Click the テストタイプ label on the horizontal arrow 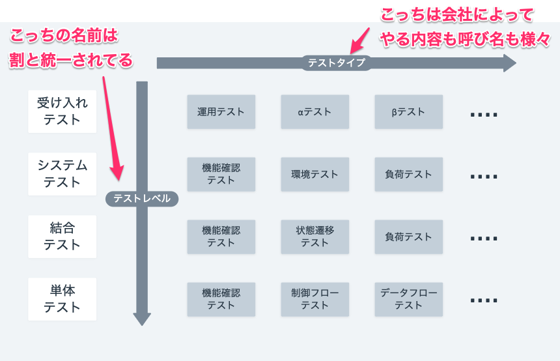(x=336, y=63)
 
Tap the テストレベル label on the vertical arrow (x=141, y=199)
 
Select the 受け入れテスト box (x=62, y=111)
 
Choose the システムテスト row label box (x=62, y=174)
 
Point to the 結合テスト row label (x=62, y=237)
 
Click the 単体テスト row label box (x=62, y=299)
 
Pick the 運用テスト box (x=221, y=111)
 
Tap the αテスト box (x=315, y=111)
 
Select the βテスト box (x=408, y=111)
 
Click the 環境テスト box (x=315, y=174)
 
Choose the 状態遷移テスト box (x=315, y=237)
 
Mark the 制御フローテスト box (x=315, y=299)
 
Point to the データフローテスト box (x=408, y=299)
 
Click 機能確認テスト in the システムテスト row (x=221, y=174)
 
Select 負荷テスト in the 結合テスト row (x=408, y=237)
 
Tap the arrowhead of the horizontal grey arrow (x=508, y=63)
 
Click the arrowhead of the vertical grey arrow (x=142, y=318)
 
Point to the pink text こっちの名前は (x=64, y=35)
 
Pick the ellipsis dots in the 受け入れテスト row (x=484, y=115)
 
